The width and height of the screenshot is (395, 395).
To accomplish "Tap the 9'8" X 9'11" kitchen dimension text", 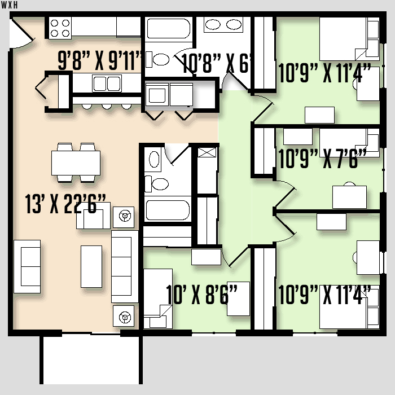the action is click(100, 60).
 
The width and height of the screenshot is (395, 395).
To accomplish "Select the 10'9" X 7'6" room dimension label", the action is click(322, 159).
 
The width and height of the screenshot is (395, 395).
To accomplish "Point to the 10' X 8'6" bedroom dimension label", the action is click(201, 294).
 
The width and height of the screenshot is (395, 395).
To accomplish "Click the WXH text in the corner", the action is click(10, 5).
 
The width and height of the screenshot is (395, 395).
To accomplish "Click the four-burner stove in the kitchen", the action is click(60, 28).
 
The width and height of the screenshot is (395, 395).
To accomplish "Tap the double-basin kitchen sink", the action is click(107, 83).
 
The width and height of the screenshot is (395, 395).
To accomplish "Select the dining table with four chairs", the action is click(76, 163).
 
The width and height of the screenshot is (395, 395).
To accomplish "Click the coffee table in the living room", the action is click(91, 266).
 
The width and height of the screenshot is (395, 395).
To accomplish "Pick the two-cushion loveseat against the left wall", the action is click(27, 266).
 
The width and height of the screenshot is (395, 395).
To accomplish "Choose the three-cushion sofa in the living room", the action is click(125, 266).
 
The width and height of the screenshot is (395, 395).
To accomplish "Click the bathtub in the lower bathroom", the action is click(168, 210).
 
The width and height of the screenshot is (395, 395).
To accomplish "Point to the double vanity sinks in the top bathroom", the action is click(223, 25).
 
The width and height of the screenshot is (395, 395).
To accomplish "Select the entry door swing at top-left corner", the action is click(21, 33).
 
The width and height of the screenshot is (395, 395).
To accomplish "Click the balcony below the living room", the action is click(91, 360).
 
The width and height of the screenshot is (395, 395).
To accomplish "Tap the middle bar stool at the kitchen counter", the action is click(107, 107).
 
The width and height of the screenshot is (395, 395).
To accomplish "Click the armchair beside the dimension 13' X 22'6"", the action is click(93, 216).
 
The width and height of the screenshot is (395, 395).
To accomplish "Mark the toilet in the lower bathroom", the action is click(157, 184).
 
